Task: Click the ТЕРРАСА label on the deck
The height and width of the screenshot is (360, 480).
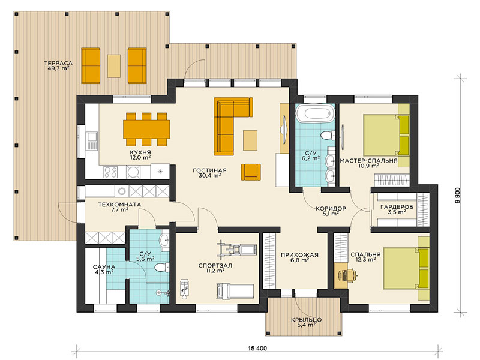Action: pos(58,64)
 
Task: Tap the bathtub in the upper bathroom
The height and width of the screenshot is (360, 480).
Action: pos(315,113)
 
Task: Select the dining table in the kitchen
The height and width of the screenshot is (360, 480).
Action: pos(146,129)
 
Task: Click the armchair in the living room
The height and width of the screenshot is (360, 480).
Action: pos(251,172)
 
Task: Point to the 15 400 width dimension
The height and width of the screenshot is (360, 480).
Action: pos(257,349)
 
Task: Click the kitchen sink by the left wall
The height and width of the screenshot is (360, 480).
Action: pos(92,140)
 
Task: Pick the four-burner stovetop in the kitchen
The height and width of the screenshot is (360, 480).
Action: pos(110,172)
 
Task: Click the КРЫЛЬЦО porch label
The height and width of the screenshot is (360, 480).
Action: pos(306,320)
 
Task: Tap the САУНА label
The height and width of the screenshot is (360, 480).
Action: pos(104,267)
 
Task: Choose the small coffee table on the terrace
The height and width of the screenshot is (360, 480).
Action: pos(114,66)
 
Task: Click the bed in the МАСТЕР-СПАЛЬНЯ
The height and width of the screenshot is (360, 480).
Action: pos(386,135)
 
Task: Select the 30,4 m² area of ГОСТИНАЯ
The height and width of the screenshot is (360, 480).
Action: pos(209,176)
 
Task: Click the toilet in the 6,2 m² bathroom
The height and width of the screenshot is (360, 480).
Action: pos(328,135)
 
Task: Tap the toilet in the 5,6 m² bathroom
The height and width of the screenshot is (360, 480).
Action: pos(162,268)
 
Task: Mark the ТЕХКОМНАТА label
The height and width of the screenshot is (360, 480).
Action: pos(119,204)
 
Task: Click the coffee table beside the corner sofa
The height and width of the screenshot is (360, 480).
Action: pos(250,140)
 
